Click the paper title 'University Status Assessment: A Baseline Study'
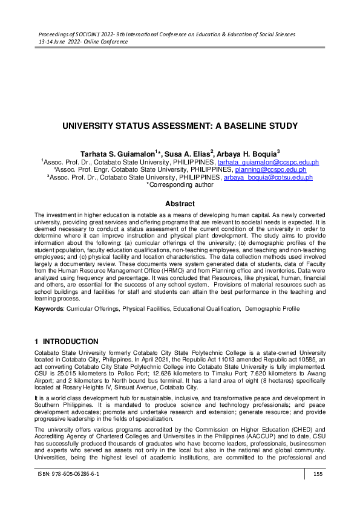coord(180,126)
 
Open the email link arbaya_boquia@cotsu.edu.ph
coord(268,178)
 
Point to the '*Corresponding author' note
coord(180,185)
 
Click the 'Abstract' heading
coord(180,204)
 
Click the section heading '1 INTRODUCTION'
coord(67,342)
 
